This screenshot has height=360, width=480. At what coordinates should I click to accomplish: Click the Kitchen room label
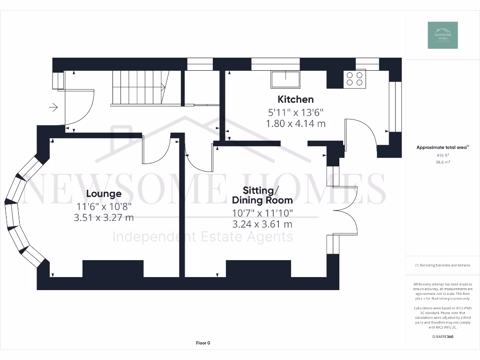295,99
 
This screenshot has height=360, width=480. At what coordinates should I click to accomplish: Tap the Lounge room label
104,194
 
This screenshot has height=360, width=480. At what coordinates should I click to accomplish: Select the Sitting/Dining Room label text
262,195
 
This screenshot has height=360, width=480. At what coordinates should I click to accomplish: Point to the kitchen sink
285,79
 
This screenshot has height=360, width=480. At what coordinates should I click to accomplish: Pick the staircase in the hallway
141,87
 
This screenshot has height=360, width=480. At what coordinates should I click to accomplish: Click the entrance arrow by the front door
53,108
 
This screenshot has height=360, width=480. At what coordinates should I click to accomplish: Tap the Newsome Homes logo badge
442,35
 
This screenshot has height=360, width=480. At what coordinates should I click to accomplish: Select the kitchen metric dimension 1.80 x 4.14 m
295,124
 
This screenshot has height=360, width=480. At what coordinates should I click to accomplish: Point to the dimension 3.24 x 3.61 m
262,224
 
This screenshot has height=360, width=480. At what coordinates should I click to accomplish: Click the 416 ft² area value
442,155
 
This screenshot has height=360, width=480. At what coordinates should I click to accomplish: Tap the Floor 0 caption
203,343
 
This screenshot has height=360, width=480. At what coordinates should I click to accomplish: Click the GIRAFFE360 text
442,337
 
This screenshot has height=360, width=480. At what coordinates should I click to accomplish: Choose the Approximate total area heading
442,147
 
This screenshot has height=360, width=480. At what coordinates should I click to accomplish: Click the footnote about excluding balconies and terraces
442,265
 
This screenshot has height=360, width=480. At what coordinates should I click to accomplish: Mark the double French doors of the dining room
345,211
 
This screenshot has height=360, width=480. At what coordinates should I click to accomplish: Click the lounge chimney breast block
112,269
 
